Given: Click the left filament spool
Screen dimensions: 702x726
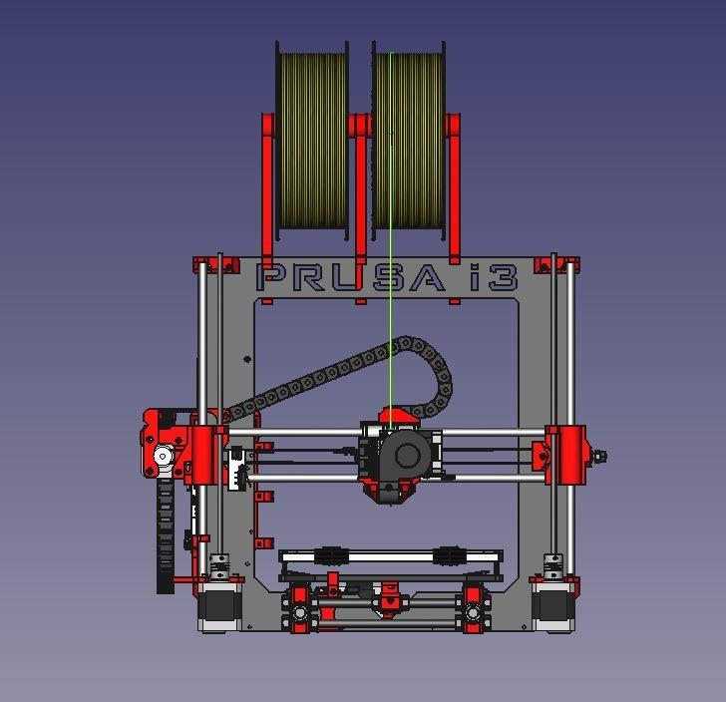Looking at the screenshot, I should [x=311, y=140].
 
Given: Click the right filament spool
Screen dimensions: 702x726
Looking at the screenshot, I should [x=410, y=140].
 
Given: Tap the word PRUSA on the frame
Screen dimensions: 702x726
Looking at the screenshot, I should [x=349, y=277].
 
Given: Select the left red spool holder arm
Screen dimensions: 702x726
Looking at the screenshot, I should [x=267, y=189].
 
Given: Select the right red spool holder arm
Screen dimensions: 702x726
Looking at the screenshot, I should [x=454, y=189].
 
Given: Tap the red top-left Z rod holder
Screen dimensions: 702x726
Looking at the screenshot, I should [x=217, y=264].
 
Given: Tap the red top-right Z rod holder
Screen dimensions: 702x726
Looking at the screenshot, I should [x=556, y=264].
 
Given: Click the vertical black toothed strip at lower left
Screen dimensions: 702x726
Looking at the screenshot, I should [x=165, y=538].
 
